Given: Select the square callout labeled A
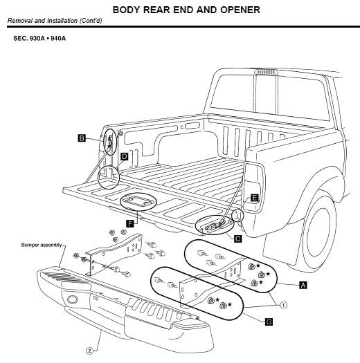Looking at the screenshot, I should point(303,284).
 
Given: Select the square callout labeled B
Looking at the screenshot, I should point(82,139).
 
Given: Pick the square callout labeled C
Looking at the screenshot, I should point(237,239).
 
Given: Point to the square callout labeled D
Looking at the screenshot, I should point(125,157).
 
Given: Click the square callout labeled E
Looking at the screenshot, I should point(254,198).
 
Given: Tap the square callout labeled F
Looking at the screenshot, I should point(129,223).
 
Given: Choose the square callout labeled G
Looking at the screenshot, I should point(269,321).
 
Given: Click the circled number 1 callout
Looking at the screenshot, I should point(284,303).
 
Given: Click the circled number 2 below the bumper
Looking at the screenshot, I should point(89,351).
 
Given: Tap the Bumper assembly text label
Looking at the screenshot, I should point(42,244).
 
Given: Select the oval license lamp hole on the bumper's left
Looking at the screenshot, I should point(71,299).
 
